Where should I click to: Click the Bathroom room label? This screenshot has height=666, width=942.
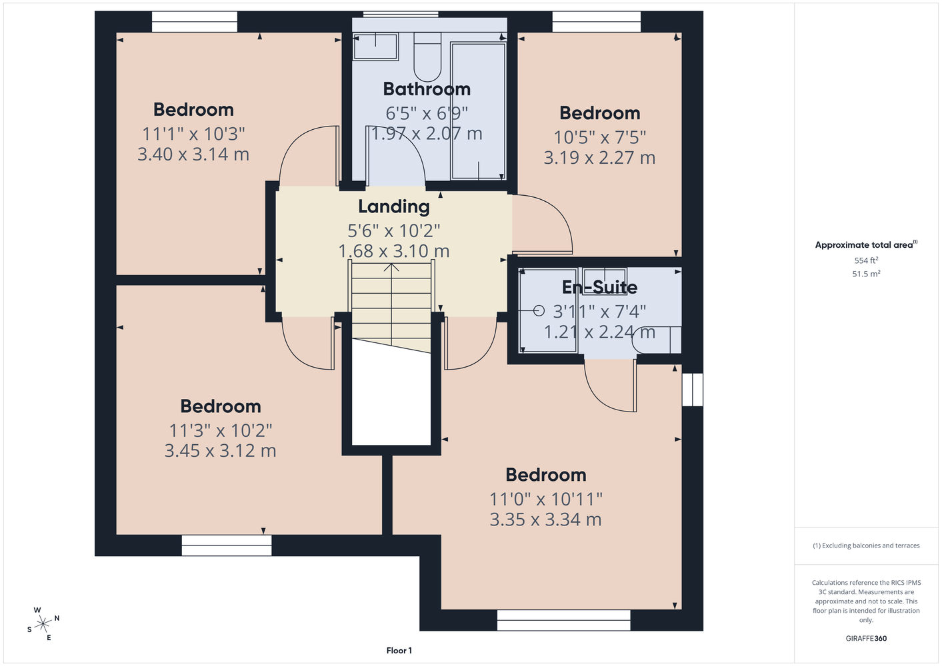click(x=427, y=89)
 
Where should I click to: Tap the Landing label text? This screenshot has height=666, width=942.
click(x=393, y=206)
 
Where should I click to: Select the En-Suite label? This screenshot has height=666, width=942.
click(x=600, y=288)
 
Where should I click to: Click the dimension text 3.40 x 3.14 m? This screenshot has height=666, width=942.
click(x=193, y=155)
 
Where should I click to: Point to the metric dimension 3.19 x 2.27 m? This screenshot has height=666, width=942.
click(x=599, y=158)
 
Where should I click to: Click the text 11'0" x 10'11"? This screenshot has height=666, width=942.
click(x=545, y=499)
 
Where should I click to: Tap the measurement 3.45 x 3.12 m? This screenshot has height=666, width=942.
click(x=221, y=451)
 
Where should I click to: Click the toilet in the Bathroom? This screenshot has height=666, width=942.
click(x=427, y=57)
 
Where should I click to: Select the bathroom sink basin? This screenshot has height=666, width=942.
click(x=375, y=47)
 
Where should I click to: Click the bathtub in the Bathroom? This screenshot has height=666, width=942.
click(x=478, y=111)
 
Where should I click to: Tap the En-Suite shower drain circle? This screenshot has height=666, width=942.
click(x=539, y=311)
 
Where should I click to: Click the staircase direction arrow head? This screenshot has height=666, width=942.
click(x=391, y=267)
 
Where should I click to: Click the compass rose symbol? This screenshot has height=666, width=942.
click(x=43, y=624)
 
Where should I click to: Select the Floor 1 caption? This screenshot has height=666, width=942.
click(x=399, y=651)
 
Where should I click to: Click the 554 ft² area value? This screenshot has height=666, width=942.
click(x=866, y=260)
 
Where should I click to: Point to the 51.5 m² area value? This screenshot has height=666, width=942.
click(x=866, y=274)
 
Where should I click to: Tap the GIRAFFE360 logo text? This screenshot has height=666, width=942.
click(x=866, y=638)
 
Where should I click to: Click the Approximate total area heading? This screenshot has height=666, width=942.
click(x=866, y=245)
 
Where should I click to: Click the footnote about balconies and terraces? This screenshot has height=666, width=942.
click(x=866, y=545)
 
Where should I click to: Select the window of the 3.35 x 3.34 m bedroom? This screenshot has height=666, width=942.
click(x=563, y=620)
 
